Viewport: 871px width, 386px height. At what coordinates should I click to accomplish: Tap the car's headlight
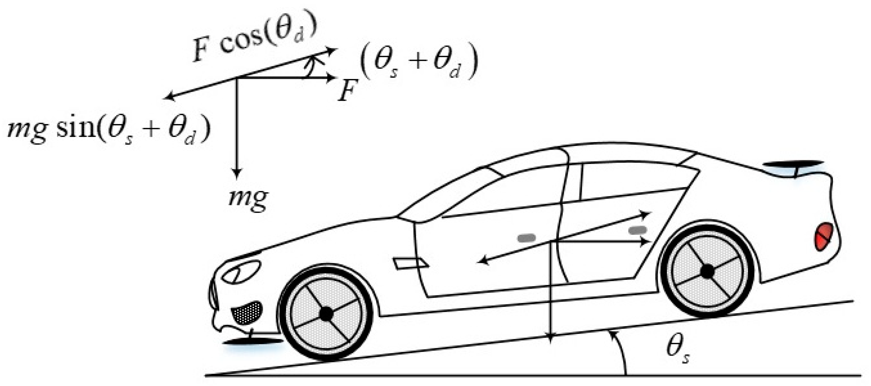coord(241,271)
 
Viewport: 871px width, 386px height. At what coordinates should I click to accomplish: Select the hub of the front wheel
coord(326,314)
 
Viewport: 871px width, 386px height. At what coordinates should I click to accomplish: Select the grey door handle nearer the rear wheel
coord(638,230)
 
